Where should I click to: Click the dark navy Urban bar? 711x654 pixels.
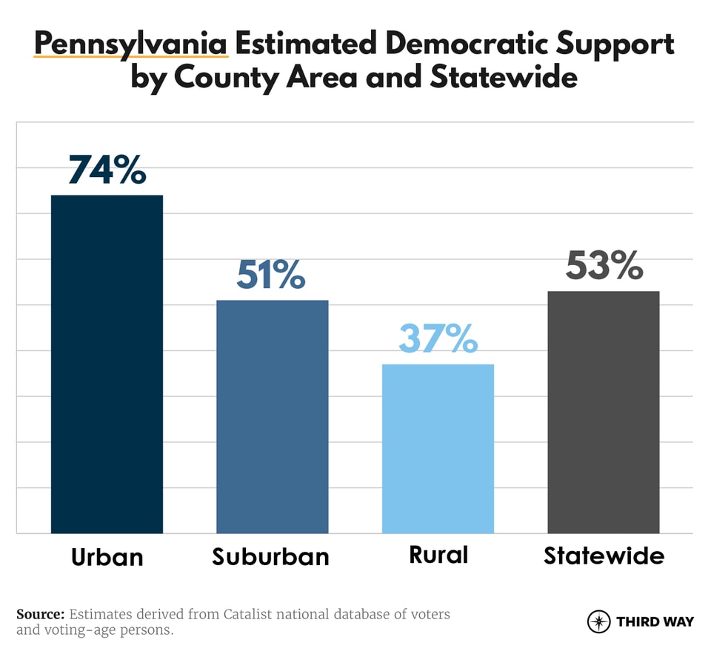[107, 363]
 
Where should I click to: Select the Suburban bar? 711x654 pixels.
[272, 416]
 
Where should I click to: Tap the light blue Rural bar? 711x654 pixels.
[438, 448]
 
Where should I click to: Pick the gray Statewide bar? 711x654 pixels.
[603, 412]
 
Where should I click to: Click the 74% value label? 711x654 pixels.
[107, 170]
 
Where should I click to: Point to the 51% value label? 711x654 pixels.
[271, 275]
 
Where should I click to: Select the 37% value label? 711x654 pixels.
[438, 338]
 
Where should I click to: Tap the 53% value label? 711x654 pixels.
[604, 266]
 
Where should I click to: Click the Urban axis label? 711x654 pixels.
[107, 556]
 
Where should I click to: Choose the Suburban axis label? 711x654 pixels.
[271, 556]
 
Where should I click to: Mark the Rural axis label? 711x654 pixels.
[438, 555]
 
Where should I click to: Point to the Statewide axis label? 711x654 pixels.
[604, 555]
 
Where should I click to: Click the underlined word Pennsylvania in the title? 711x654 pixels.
[130, 44]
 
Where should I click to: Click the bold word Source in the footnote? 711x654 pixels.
[40, 615]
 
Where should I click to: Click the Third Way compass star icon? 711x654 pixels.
[598, 621]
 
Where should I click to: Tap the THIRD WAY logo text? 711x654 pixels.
[655, 622]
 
